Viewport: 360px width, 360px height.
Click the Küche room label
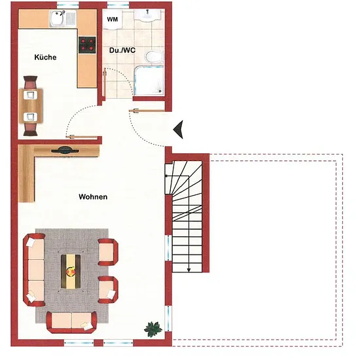tap(45, 57)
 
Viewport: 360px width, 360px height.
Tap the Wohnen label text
tap(93, 197)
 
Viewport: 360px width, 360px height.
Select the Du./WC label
tap(122, 50)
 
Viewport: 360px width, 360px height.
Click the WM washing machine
tap(113, 20)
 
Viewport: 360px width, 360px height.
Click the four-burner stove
tap(87, 45)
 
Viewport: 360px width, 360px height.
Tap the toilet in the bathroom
tap(154, 56)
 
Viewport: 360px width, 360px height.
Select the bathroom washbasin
tap(147, 15)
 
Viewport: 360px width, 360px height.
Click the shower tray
tap(149, 81)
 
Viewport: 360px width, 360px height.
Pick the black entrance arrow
tap(178, 130)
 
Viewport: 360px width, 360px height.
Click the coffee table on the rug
tap(71, 272)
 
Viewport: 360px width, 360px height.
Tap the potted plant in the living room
tap(153, 329)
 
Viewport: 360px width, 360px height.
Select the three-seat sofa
tap(34, 270)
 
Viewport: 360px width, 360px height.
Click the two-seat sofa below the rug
tap(71, 322)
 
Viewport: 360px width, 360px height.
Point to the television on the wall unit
tap(65, 151)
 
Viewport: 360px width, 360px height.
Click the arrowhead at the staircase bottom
tap(189, 270)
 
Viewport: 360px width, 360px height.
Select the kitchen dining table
tap(31, 106)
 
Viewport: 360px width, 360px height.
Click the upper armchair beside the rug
tap(108, 252)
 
